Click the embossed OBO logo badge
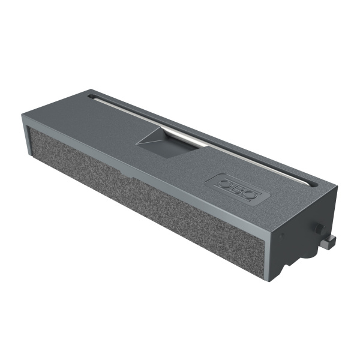pos(238,189)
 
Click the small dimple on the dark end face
pos(282,236)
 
